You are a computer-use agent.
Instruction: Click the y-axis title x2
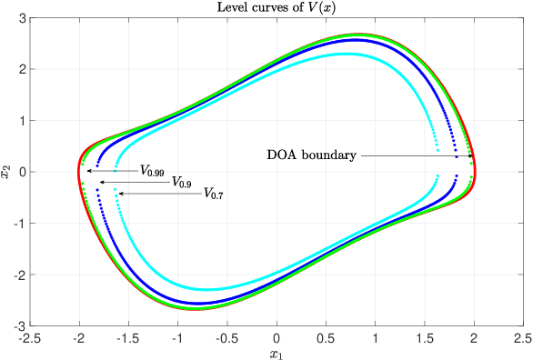pos(8,171)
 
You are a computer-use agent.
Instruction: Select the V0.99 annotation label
pos(151,170)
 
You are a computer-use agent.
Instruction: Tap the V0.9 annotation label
pos(182,182)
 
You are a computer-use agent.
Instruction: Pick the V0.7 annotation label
pos(213,194)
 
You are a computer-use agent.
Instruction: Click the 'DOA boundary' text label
pos(311,155)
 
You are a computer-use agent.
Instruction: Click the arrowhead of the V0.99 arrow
pos(87,170)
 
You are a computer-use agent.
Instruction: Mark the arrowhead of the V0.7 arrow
pos(116,194)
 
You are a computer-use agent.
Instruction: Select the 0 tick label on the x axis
pos(277,337)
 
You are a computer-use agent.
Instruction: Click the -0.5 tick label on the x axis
pos(226,337)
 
